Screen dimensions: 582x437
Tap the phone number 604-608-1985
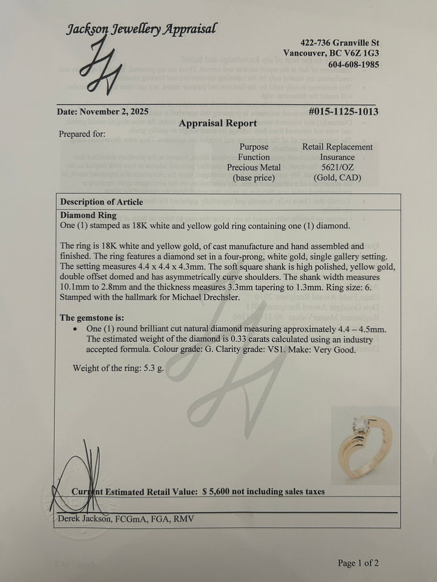(354, 64)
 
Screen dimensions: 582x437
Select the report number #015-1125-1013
(343, 112)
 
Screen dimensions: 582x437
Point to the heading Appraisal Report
(218, 123)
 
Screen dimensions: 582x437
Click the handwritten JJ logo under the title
(100, 65)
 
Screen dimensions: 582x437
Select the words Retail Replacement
(337, 147)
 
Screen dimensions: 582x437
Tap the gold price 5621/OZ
(337, 167)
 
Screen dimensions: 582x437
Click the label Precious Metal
(254, 167)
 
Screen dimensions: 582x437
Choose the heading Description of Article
(102, 202)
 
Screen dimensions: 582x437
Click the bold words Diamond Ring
(88, 215)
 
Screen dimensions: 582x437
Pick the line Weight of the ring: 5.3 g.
(118, 368)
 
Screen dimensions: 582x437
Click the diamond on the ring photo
(359, 423)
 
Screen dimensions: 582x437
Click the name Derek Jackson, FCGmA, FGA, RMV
(125, 519)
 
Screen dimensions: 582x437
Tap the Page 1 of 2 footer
(358, 563)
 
